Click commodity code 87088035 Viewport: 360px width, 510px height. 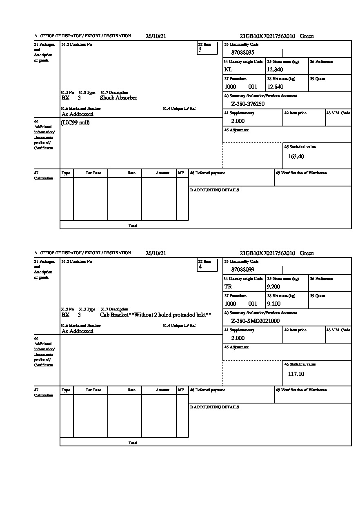[243, 53]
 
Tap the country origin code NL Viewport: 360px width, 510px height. [228, 70]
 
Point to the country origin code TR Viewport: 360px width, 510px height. [228, 287]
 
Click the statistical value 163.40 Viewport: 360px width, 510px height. [296, 156]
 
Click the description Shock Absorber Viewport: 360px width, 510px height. [118, 98]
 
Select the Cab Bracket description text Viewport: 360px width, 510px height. [156, 315]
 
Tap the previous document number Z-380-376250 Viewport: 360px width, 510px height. [248, 104]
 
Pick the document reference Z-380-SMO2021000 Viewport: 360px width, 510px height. [255, 321]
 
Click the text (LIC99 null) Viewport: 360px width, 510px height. [75, 123]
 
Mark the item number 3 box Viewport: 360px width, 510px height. [207, 48]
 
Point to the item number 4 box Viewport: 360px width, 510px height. [207, 265]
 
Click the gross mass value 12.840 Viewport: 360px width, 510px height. [275, 70]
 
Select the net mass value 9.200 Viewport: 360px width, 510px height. [273, 304]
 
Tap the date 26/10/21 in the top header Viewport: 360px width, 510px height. [156, 36]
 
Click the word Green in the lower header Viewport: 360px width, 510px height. [307, 253]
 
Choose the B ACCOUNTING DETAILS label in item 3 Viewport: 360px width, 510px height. [214, 190]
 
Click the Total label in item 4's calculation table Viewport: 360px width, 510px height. [133, 443]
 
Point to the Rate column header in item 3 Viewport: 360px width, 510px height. [131, 173]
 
